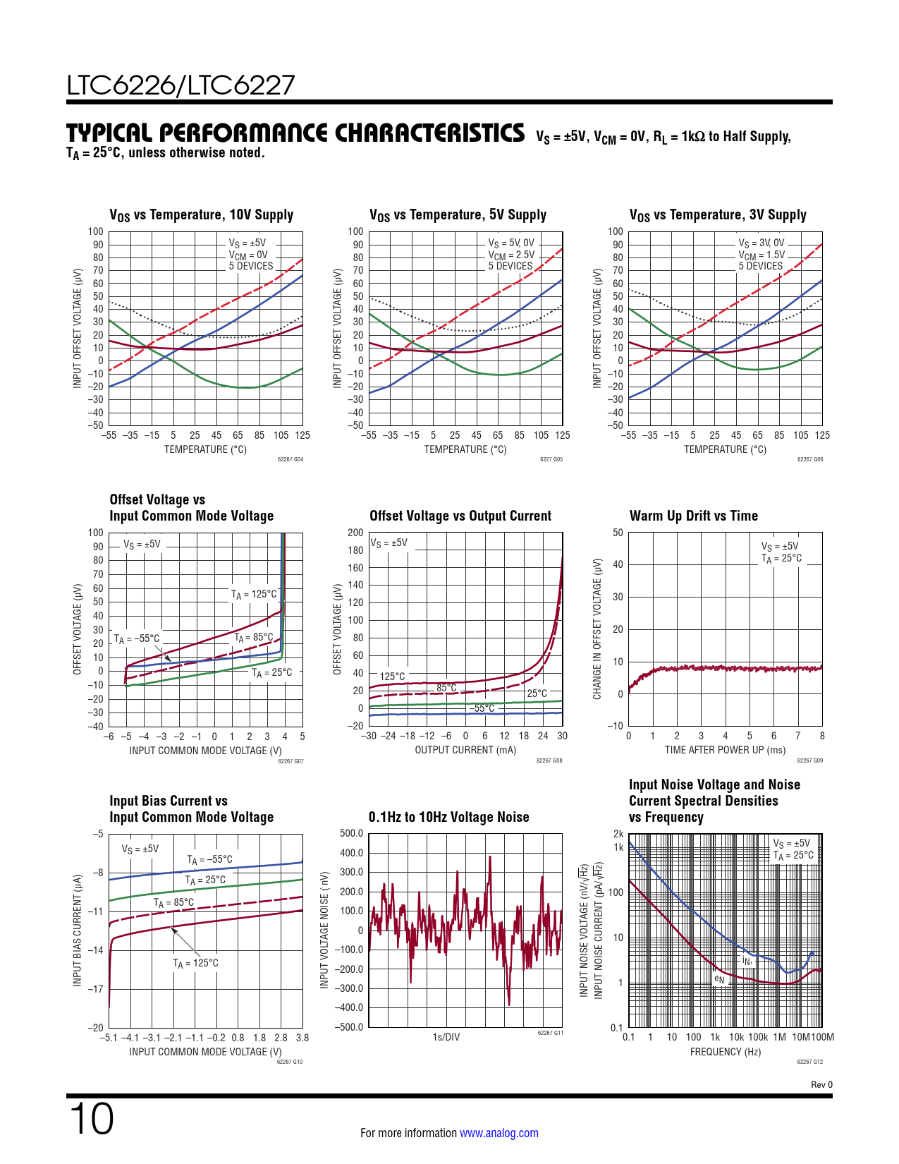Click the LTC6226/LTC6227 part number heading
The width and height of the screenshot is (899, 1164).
click(181, 85)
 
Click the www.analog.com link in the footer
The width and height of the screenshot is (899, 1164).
click(499, 1133)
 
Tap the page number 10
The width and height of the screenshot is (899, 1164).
click(92, 1119)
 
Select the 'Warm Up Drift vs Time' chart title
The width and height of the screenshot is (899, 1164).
click(693, 516)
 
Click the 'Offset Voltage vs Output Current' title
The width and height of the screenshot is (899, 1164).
click(460, 516)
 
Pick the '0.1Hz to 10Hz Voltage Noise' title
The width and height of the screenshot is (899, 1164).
click(448, 817)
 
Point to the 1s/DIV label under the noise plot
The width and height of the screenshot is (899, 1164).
click(446, 1037)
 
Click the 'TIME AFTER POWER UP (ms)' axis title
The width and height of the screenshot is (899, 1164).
click(725, 750)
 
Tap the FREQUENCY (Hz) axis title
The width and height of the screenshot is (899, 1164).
click(725, 1052)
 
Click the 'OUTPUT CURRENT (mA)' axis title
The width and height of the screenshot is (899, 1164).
click(465, 750)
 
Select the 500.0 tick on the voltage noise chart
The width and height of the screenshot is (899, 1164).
click(351, 833)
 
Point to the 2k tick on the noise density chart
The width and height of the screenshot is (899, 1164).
click(618, 834)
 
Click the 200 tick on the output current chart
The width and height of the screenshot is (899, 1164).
click(355, 533)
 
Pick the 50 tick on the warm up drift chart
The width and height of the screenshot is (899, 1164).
click(618, 533)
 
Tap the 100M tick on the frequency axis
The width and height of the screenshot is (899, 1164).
click(823, 1037)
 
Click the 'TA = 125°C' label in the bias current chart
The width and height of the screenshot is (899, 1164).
click(195, 963)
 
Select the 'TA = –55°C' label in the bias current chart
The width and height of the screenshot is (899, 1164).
click(209, 859)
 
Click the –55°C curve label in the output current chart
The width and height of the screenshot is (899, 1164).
click(483, 708)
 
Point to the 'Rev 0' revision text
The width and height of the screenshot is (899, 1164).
click(821, 1085)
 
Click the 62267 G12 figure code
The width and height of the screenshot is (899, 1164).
click(809, 1062)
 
